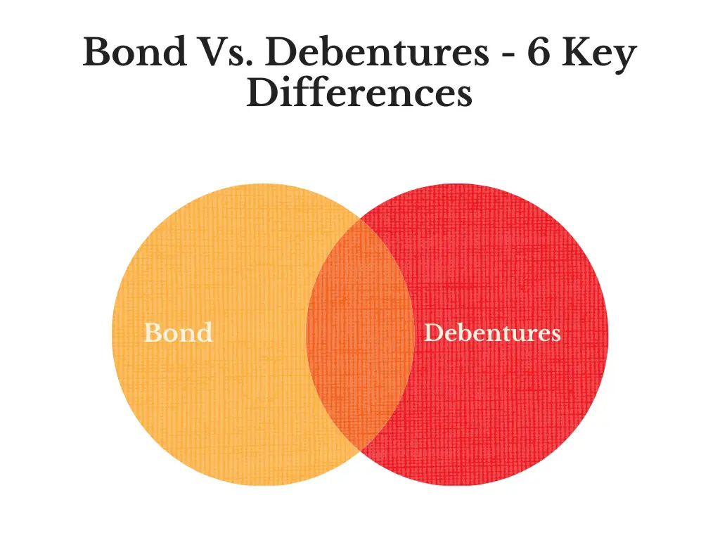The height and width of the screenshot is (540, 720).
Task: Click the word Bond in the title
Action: tap(134, 51)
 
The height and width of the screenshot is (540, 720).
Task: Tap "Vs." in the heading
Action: tap(226, 52)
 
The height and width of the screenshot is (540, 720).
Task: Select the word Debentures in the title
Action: tap(377, 51)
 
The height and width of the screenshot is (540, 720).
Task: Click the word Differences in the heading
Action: tap(359, 93)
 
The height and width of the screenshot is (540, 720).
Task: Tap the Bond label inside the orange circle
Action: tap(178, 333)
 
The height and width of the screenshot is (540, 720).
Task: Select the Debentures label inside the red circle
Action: tap(492, 333)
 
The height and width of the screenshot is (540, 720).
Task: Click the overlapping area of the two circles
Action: tap(360, 334)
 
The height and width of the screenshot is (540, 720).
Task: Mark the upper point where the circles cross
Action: tap(361, 219)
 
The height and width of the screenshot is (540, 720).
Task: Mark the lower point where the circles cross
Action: tap(361, 451)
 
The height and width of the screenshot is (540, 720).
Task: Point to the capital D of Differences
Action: tap(264, 93)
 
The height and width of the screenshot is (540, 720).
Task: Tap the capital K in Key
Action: tap(579, 52)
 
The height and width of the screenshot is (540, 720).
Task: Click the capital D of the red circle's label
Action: tap(435, 333)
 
